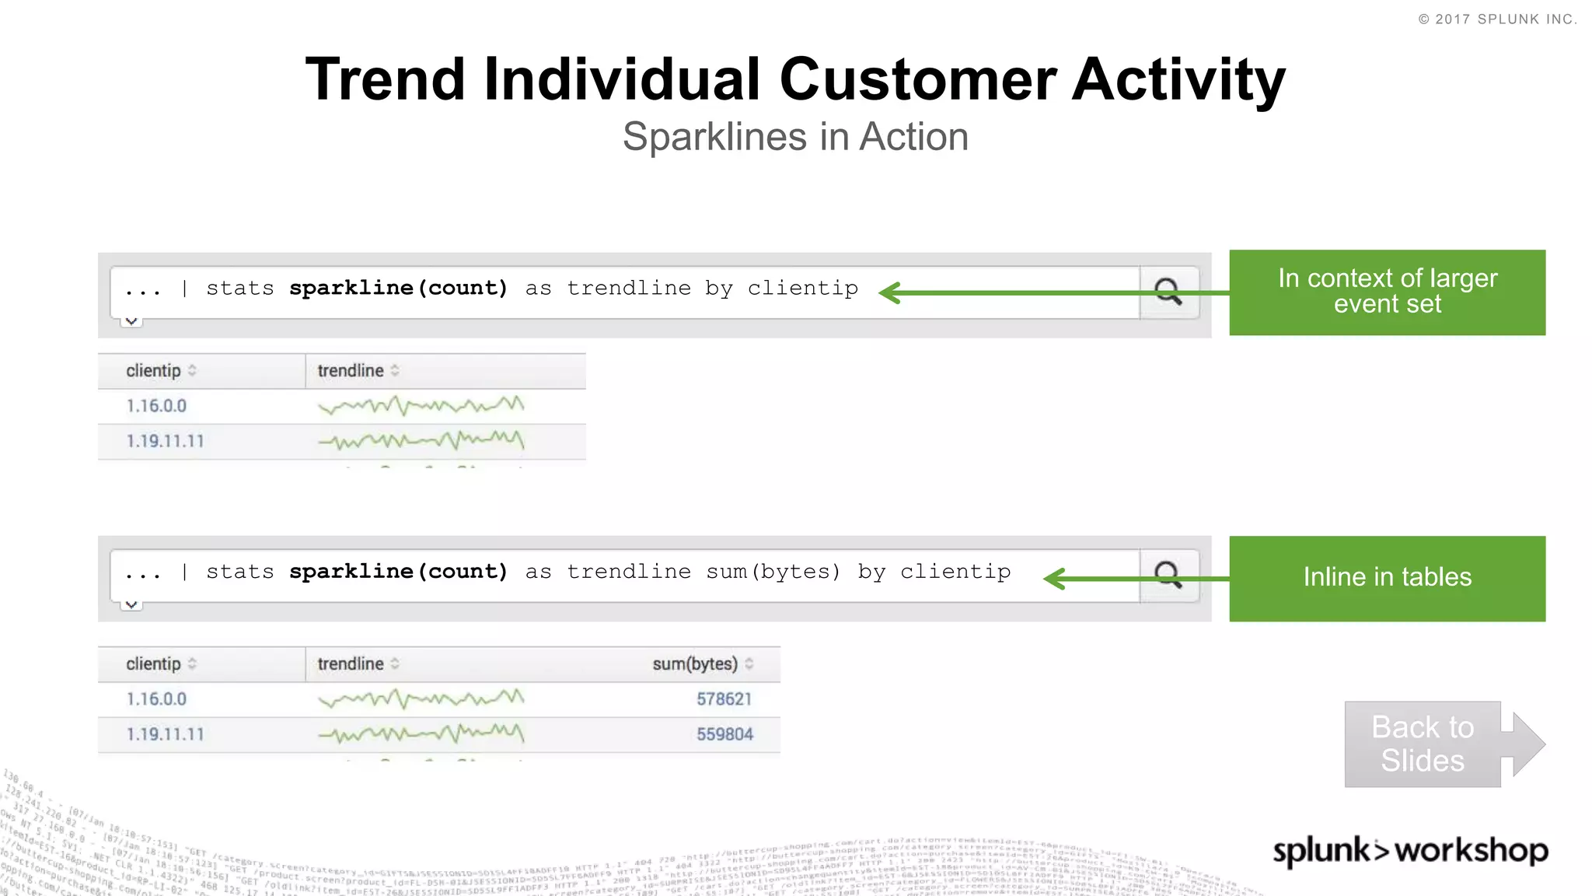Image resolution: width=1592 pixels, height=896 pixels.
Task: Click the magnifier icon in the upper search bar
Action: (1168, 292)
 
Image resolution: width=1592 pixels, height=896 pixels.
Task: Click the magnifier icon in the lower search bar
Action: (1168, 575)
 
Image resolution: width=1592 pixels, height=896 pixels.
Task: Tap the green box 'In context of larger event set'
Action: (1387, 292)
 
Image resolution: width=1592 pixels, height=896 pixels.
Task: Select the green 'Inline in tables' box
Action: (1387, 578)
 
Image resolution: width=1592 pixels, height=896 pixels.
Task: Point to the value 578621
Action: (724, 699)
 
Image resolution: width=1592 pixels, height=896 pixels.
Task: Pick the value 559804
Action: (724, 734)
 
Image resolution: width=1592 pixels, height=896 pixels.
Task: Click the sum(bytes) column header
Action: (695, 664)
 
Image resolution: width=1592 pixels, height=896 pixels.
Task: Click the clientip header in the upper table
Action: (154, 371)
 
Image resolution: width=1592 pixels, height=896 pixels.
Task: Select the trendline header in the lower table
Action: (351, 664)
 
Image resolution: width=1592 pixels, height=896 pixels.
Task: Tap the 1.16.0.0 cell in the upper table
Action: (156, 406)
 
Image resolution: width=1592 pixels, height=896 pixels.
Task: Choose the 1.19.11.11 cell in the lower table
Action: (165, 734)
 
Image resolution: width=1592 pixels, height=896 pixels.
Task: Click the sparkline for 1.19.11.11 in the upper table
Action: (421, 441)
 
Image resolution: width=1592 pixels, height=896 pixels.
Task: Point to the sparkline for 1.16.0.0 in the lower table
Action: (421, 698)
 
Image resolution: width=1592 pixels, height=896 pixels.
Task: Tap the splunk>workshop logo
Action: (1410, 850)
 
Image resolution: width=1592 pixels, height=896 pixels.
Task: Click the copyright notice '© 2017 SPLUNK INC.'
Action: (1497, 19)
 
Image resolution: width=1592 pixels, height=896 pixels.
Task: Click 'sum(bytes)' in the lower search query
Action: (773, 572)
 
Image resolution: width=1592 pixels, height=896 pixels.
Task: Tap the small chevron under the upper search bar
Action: (131, 320)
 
